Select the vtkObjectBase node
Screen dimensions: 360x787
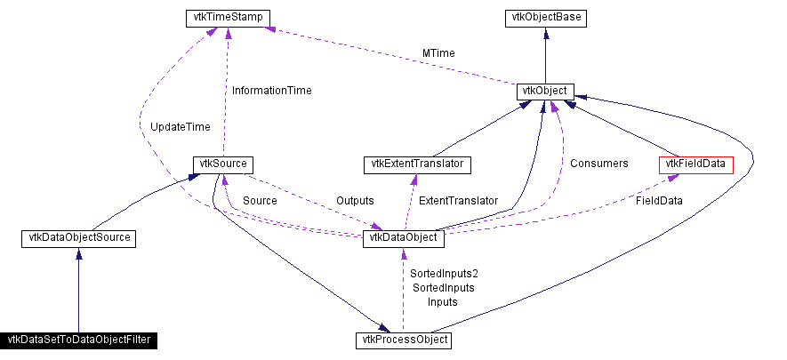[545, 17]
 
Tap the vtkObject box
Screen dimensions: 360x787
[545, 92]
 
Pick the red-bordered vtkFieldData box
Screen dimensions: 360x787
[695, 164]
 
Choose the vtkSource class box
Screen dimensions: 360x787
[224, 164]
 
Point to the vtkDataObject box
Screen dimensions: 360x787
[402, 238]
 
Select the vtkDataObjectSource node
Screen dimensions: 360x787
[79, 238]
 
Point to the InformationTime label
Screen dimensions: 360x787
[271, 90]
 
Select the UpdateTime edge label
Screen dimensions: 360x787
[180, 127]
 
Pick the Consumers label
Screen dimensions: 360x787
[598, 164]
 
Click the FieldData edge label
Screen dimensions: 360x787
[659, 201]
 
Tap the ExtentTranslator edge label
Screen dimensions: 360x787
[458, 201]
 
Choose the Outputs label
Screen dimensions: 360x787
[355, 201]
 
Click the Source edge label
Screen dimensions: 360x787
[260, 201]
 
